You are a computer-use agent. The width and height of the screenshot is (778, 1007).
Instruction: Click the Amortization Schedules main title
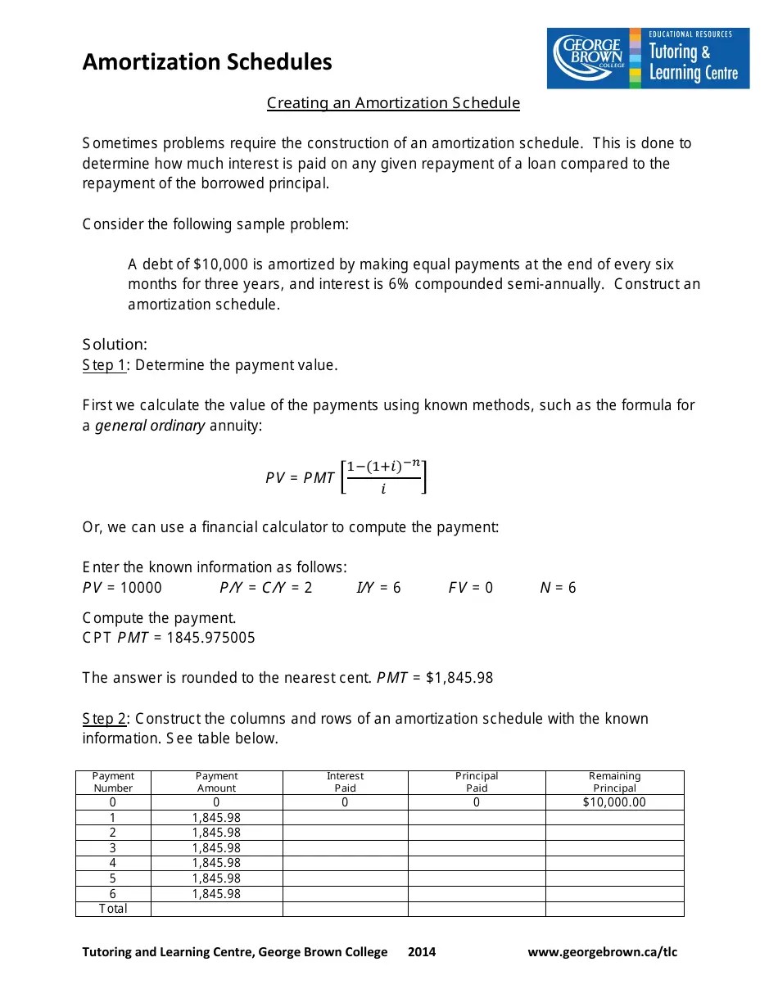[x=207, y=62]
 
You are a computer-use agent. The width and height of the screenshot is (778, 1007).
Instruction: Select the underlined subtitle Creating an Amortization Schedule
[x=393, y=103]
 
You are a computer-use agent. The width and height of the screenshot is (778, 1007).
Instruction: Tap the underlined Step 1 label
[x=104, y=365]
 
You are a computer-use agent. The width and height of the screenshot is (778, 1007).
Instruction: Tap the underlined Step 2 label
[x=104, y=719]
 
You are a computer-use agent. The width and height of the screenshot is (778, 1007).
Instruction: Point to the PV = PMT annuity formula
[x=346, y=477]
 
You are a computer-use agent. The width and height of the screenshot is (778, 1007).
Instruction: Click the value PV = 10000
[x=122, y=588]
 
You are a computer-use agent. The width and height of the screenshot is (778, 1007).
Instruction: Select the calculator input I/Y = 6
[x=378, y=588]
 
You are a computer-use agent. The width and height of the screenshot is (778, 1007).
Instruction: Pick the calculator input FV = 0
[x=470, y=588]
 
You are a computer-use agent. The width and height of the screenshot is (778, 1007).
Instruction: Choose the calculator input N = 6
[x=558, y=588]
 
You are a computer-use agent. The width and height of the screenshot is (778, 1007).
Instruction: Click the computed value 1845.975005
[x=210, y=638]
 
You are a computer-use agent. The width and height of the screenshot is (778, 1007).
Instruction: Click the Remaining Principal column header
[x=614, y=782]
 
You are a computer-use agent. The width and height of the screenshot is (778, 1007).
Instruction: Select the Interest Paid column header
[x=345, y=782]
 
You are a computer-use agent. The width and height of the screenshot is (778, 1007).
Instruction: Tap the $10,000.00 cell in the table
[x=614, y=802]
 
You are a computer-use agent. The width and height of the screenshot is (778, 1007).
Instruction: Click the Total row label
[x=113, y=909]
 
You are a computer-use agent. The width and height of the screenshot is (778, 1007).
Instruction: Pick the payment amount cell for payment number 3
[x=216, y=848]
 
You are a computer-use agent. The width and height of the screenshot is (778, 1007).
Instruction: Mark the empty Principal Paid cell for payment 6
[x=476, y=894]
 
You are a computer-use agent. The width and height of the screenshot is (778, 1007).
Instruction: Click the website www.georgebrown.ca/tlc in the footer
[x=602, y=952]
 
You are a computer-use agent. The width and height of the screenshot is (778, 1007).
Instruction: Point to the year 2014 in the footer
[x=422, y=952]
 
